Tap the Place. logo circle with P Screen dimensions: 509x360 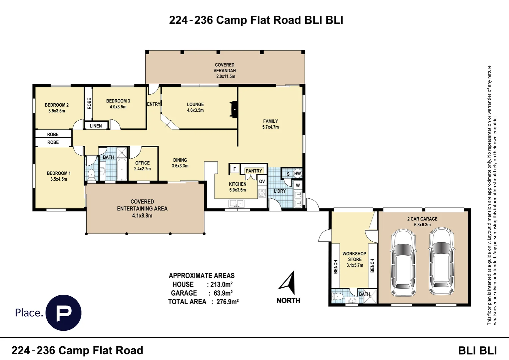tap(63, 312)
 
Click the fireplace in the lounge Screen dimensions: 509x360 tap(234, 110)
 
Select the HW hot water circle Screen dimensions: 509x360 tap(297, 174)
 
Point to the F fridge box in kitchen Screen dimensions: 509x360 tap(235, 169)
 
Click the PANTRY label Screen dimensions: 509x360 tap(254, 171)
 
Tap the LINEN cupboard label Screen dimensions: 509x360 tap(96, 126)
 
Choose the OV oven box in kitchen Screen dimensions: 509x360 tap(262, 181)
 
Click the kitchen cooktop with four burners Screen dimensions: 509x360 tap(262, 193)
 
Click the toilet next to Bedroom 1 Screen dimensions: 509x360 tap(91, 174)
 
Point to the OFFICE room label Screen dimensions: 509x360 tap(143, 163)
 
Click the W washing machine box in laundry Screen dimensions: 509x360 tap(298, 185)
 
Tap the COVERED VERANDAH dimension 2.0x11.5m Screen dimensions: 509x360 tap(226, 76)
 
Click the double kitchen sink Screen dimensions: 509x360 tap(237, 203)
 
